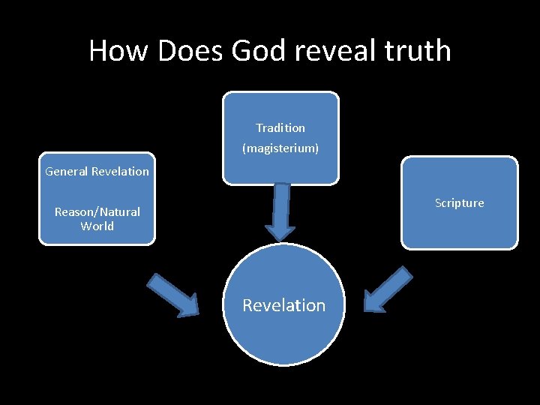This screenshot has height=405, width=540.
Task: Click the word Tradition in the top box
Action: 280,128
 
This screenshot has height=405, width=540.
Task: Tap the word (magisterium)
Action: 280,148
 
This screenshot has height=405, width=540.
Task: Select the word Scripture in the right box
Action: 459,203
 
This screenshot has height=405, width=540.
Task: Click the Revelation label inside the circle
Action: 283,305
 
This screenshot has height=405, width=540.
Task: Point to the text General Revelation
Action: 97,172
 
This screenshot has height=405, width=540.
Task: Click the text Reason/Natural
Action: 97,212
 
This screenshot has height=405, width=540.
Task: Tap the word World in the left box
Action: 97,226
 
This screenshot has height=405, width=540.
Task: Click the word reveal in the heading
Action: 331,51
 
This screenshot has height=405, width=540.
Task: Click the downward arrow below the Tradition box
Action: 281,211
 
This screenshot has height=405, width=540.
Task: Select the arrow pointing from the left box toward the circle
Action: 173,295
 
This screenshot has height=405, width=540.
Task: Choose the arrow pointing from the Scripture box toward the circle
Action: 387,289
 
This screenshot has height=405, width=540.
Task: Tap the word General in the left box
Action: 67,172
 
